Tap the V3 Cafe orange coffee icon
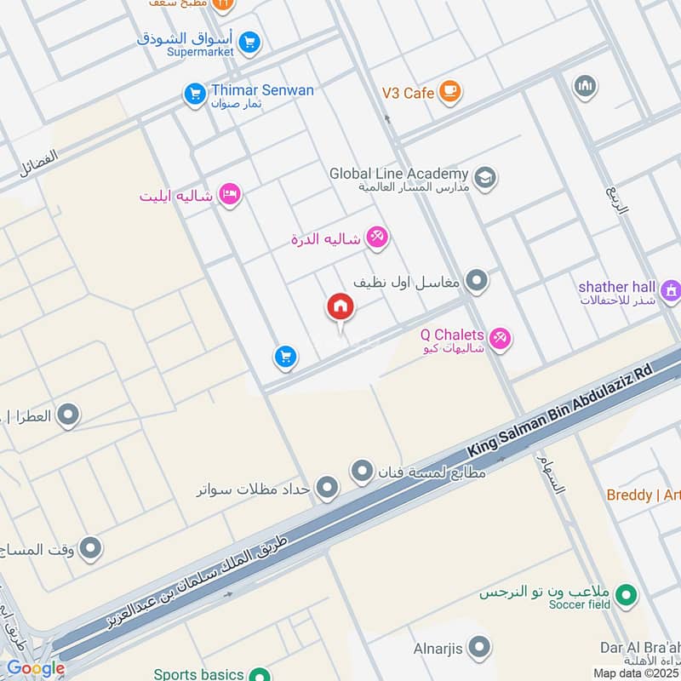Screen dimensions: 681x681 point(449,92)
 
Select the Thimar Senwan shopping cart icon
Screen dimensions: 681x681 point(195,94)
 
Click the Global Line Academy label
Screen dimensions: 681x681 point(399,174)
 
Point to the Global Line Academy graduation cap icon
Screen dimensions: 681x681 point(485,178)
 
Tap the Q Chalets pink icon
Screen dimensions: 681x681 point(501,339)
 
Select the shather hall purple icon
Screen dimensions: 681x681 point(672,291)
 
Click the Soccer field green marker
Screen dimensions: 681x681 point(627,596)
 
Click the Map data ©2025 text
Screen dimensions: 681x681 point(637,673)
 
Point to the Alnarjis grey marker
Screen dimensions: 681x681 point(479,649)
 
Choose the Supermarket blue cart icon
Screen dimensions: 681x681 point(249,42)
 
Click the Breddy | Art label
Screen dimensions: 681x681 point(643,495)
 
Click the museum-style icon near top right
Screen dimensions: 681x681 point(585,86)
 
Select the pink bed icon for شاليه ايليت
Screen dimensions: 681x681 point(229,196)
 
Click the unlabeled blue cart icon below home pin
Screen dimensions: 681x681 point(285,358)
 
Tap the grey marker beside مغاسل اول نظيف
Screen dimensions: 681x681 point(477,280)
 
